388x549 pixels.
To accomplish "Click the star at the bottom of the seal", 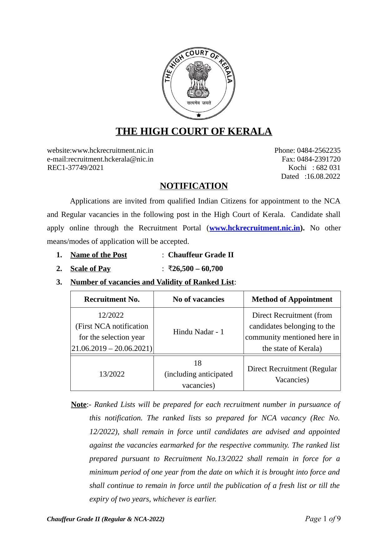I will coord(199,115).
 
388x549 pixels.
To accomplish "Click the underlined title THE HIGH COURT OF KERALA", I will coord(194,131).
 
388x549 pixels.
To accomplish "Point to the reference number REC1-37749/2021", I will coord(75,168).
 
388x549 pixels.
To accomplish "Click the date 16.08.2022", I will coord(323,177).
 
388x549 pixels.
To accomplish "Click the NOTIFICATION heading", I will coord(194,186).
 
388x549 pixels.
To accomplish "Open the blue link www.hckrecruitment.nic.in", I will coord(254,228).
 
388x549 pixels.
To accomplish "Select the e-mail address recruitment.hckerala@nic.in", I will coord(111,159).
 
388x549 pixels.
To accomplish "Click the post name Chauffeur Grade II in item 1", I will coord(201,255).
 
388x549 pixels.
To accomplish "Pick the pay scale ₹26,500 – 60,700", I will coord(195,269).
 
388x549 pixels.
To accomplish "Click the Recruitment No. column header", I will coord(112,300).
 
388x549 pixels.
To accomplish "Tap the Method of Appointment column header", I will coord(292,300).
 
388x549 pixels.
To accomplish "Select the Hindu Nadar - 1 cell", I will coord(199,332).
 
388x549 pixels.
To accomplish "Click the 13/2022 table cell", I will coord(112,374).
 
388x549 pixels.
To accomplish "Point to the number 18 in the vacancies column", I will coord(198,363).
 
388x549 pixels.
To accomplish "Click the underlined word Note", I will coord(79,405).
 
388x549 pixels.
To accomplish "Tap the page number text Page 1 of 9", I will coord(323,519).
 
